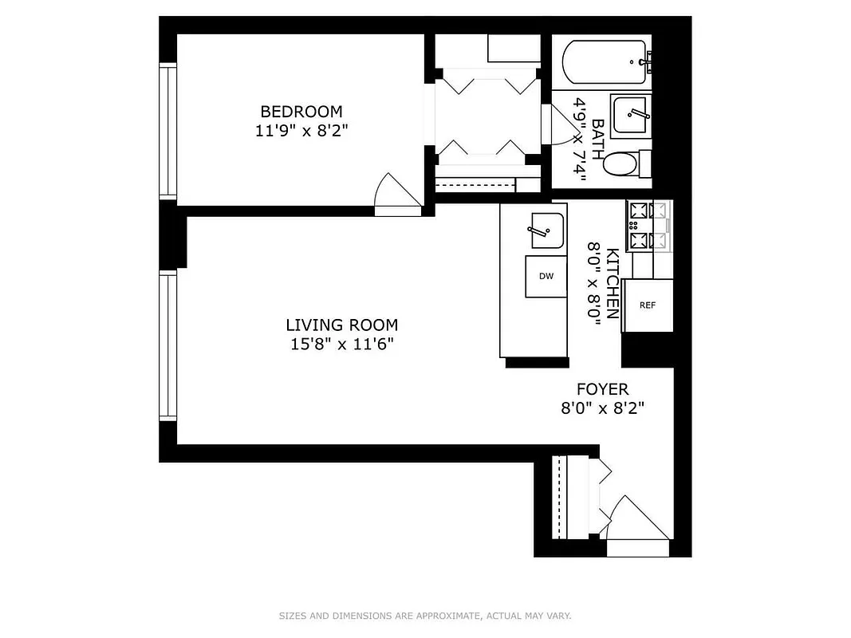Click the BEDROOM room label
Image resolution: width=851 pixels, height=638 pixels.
pos(301,112)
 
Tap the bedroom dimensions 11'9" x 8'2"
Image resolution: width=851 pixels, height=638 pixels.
pos(301,131)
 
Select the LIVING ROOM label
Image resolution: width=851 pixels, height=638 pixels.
pos(341,325)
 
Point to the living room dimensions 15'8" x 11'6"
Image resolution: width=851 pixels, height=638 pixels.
pos(341,345)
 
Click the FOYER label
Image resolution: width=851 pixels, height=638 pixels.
pos(602,389)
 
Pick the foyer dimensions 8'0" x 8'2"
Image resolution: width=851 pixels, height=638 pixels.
pos(602,408)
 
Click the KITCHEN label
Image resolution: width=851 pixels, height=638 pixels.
pos(613,283)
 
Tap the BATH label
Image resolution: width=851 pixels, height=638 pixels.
pos(597,140)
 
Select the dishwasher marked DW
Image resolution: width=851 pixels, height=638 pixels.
pos(546,277)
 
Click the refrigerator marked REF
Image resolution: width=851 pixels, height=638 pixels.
pos(648,305)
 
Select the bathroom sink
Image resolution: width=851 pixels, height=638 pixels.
pos(631,116)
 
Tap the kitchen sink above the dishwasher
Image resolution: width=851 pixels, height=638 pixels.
pos(546,230)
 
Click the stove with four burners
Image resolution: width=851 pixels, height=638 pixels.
pos(648,226)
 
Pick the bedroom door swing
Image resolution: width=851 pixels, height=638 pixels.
pos(396,195)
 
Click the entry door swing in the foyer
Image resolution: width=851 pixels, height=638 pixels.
pos(638,522)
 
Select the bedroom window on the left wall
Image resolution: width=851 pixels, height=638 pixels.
pos(167,132)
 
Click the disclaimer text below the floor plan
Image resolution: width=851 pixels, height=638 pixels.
pos(425,616)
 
